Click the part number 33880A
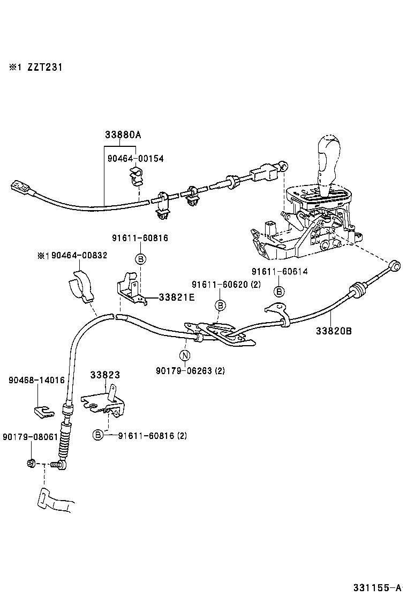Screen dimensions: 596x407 (x=123, y=135)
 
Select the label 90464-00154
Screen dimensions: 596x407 (x=135, y=159)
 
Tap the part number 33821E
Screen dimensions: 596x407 (x=176, y=296)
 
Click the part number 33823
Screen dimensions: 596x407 (x=105, y=375)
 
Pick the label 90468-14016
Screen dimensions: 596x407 (x=36, y=380)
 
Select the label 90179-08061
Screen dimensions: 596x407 (x=29, y=437)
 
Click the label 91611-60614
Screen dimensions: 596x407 (x=280, y=271)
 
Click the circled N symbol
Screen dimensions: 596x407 (x=184, y=355)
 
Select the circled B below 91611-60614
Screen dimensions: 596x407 (x=279, y=292)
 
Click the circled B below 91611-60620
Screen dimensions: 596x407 (x=220, y=305)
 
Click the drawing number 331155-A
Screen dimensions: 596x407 (x=377, y=587)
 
